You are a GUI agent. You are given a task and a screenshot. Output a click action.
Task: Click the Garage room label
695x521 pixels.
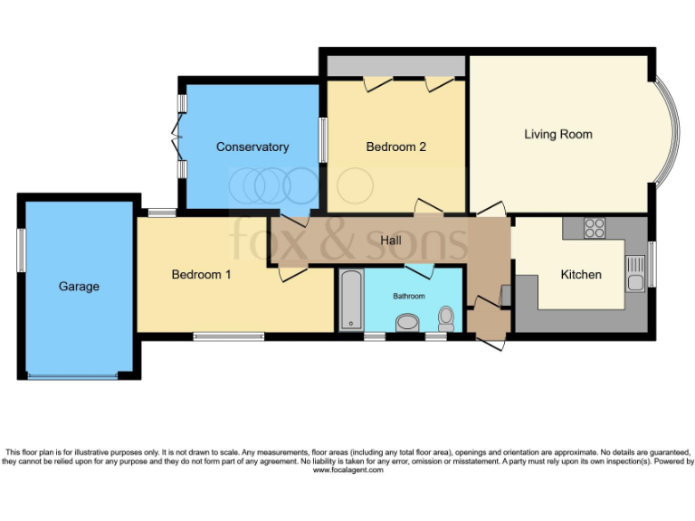[x=79, y=287]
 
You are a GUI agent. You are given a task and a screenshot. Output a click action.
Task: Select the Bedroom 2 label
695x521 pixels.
[x=395, y=147]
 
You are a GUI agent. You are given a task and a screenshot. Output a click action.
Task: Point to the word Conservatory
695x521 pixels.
[x=252, y=147]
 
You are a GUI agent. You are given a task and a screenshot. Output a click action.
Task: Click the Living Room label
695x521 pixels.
[x=557, y=134]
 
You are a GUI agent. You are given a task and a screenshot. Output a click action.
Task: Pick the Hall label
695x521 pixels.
[x=391, y=241]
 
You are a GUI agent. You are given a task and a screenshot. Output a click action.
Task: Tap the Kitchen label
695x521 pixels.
[x=580, y=274]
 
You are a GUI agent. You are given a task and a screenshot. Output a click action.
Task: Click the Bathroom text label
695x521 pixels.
[x=408, y=296]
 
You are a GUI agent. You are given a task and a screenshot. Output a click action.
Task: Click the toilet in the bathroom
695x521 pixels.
[x=445, y=317]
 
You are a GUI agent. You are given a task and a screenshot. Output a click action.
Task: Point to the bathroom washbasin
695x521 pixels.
[x=408, y=322]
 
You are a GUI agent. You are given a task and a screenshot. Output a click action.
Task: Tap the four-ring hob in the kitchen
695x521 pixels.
[x=595, y=229]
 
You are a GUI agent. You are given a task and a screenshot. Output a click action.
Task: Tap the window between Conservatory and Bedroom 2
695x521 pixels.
[x=323, y=140]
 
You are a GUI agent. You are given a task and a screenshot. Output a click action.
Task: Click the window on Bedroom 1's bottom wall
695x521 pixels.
[x=228, y=336]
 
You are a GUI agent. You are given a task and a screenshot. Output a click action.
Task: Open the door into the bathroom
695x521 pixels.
[x=419, y=270]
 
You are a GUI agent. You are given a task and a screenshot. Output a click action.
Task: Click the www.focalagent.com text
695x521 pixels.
[x=347, y=470]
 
